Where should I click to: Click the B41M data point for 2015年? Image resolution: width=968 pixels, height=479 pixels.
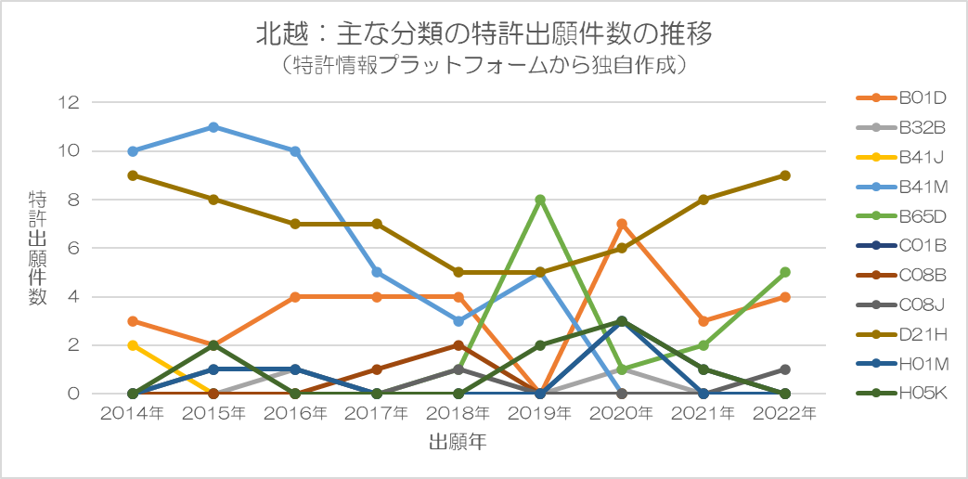click(213, 127)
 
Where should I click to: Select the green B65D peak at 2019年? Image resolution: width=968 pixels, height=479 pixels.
click(540, 200)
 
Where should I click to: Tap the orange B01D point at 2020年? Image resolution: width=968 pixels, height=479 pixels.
click(622, 224)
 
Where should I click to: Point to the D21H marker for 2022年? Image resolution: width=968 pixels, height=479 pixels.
click(785, 175)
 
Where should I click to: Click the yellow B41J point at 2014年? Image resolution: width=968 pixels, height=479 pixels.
click(132, 345)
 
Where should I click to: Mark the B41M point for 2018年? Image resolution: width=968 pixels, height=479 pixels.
click(458, 321)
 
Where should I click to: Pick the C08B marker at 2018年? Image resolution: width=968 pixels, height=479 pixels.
click(458, 345)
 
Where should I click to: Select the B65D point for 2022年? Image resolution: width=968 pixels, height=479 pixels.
click(785, 272)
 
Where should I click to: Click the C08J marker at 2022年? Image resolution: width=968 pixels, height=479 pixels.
click(785, 369)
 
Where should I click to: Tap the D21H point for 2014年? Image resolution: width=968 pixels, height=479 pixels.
click(132, 175)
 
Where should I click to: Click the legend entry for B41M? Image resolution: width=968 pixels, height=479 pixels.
click(902, 187)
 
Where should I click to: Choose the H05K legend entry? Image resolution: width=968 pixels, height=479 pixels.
click(901, 393)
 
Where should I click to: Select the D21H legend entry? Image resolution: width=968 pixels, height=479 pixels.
click(901, 334)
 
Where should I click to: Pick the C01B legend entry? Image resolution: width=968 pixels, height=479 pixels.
click(901, 246)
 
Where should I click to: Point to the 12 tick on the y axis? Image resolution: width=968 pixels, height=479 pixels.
click(70, 102)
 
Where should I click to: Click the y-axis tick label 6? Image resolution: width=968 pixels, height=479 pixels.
click(75, 248)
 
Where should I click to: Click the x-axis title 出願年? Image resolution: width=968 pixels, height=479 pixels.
click(458, 442)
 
